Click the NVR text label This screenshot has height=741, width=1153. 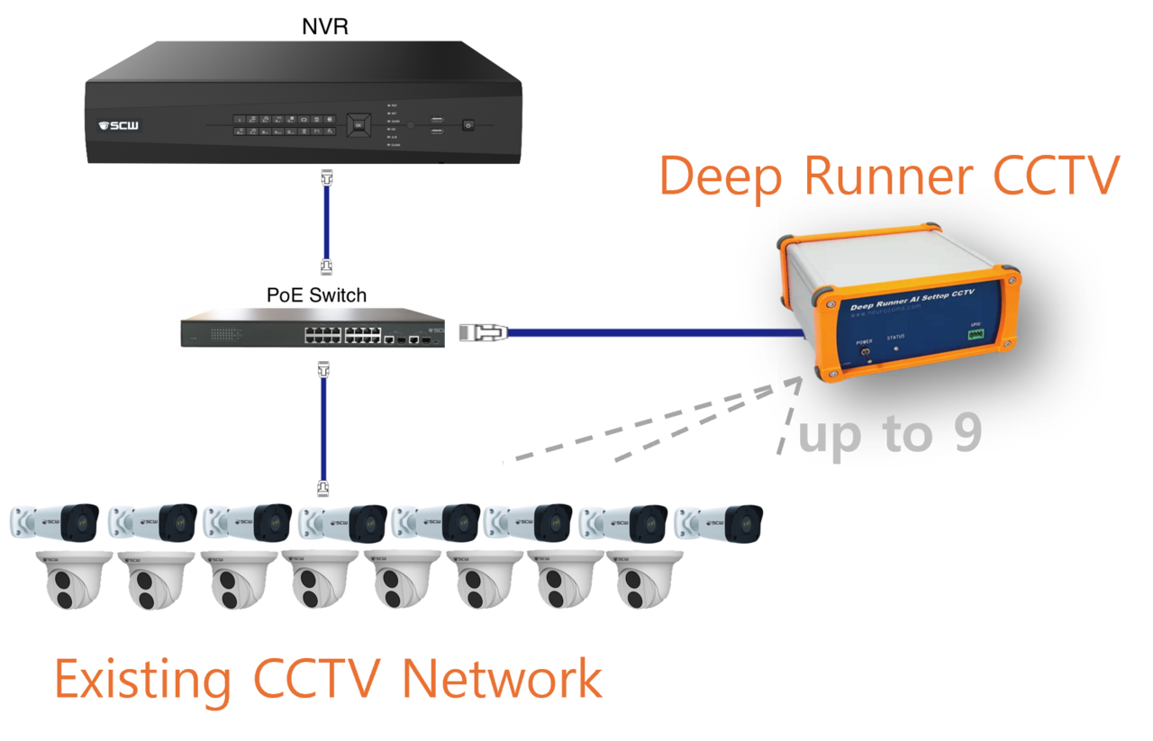pos(324,26)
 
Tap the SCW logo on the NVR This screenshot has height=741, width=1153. pos(118,125)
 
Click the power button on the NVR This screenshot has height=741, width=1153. pos(467,125)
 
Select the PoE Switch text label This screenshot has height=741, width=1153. pos(316,294)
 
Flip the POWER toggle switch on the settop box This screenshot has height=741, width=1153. pos(865,354)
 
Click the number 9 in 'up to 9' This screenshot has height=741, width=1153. pos(966,435)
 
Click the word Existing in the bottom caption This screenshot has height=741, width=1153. pos(142,679)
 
